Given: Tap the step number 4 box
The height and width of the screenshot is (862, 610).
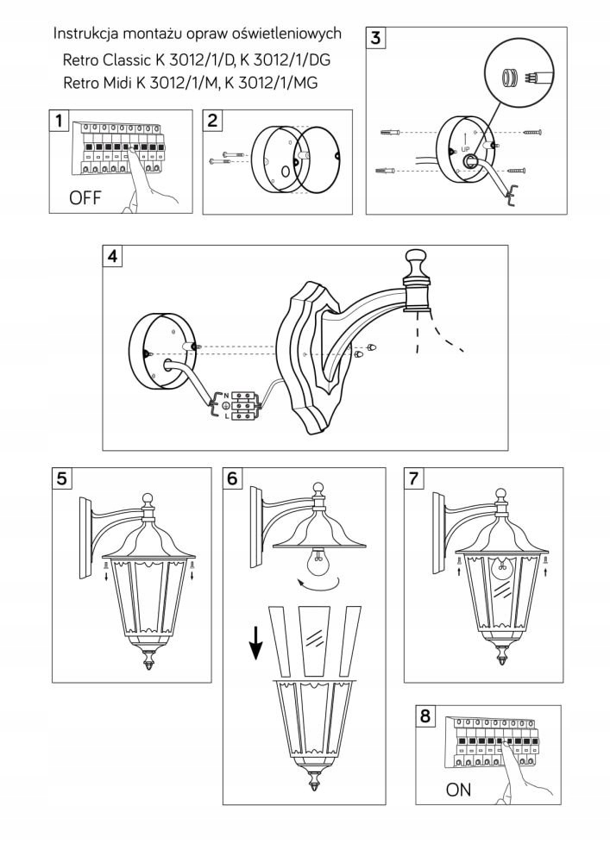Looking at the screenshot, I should pyautogui.click(x=113, y=256).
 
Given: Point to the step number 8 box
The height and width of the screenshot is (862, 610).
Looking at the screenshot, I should pyautogui.click(x=424, y=715).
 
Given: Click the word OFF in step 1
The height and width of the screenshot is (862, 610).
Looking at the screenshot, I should pyautogui.click(x=85, y=198).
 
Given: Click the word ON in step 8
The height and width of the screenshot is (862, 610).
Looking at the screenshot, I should pyautogui.click(x=458, y=790).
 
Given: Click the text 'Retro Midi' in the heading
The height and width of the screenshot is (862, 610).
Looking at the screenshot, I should pyautogui.click(x=93, y=83).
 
